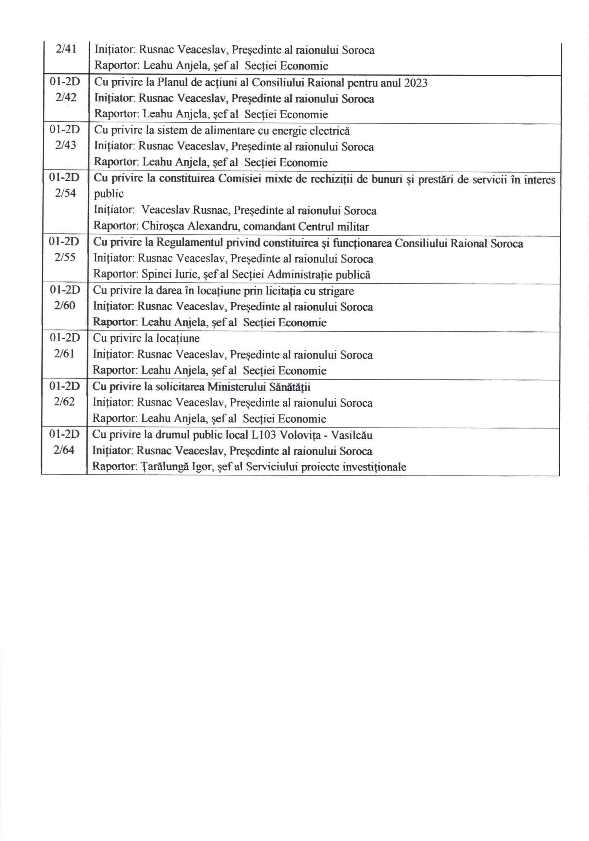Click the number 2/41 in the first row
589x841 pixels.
(x=66, y=49)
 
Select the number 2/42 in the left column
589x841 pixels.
(x=66, y=98)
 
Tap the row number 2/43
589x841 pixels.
(x=66, y=146)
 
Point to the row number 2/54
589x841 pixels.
(x=65, y=193)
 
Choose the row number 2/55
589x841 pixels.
(x=65, y=258)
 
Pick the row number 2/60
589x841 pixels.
(x=65, y=305)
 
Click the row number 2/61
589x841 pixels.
(x=64, y=353)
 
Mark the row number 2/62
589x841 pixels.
(x=64, y=402)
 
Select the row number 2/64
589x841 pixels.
(x=64, y=450)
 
